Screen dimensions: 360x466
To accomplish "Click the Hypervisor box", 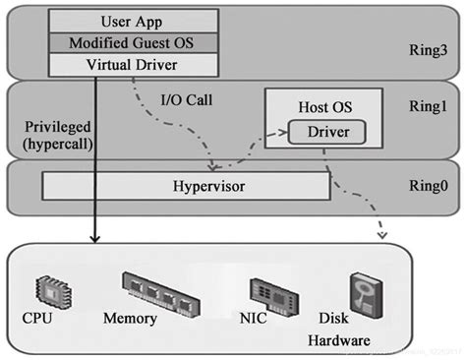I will click(x=186, y=184).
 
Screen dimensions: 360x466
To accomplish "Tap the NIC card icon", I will click(x=268, y=290).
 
